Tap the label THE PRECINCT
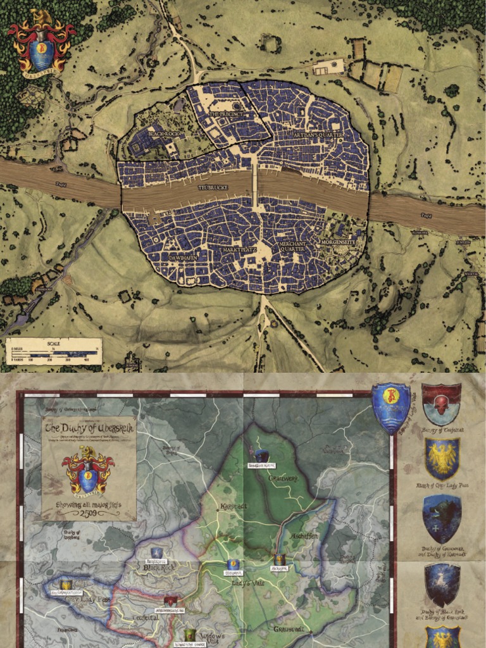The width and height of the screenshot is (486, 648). tap(225, 114)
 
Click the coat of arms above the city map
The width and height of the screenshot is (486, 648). tap(41, 44)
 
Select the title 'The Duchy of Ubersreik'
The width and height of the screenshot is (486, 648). tap(88, 428)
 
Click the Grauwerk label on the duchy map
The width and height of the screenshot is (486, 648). tap(283, 479)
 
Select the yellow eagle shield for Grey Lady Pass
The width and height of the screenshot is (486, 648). tap(442, 458)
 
